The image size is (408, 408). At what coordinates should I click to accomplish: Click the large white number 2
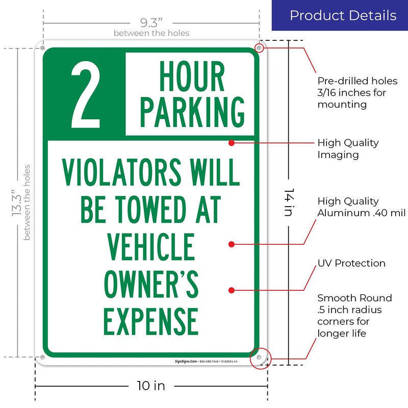86,94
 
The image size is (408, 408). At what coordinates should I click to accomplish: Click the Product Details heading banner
343,15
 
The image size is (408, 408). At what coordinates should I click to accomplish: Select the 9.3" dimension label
151,23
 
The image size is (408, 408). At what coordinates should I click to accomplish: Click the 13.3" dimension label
17,203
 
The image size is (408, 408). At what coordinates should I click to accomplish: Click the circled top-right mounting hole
259,48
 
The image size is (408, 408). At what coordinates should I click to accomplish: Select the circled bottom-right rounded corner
260,358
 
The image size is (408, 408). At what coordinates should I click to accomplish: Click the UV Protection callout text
351,264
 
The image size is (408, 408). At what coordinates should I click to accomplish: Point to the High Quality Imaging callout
348,148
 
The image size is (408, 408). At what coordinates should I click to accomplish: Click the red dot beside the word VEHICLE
232,245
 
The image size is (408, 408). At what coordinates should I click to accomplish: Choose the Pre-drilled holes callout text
357,93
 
